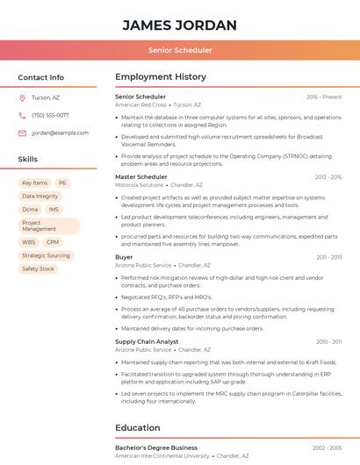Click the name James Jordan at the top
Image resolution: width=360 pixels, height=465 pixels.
coord(180,25)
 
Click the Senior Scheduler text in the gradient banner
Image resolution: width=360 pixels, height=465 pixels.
coord(180,50)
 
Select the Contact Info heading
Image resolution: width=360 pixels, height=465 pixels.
coord(40,77)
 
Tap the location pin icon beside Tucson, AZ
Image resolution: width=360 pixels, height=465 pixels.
coord(22,97)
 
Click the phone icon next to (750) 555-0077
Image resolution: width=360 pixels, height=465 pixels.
coord(22,115)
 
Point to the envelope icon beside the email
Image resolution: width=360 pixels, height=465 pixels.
coord(22,132)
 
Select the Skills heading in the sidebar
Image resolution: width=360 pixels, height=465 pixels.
coord(28,160)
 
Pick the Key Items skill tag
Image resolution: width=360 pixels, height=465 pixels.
coord(35,183)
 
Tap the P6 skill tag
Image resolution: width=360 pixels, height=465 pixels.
coord(62,183)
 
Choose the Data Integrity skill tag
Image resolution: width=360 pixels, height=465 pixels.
coord(40,197)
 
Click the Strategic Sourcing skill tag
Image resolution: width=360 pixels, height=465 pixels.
coord(46,255)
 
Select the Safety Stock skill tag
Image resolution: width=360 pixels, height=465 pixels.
coord(38,268)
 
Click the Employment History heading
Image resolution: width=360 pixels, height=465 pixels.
coord(161,77)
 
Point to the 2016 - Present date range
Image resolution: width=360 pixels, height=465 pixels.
coord(324,97)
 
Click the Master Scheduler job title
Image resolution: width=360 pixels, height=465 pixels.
coord(141,177)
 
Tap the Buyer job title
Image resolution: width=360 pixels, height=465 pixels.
coord(124,257)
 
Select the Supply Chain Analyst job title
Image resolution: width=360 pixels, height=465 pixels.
coord(147,341)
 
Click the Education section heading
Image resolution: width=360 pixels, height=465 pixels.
coord(138,427)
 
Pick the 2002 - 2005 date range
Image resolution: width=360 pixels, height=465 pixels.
coord(327,447)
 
